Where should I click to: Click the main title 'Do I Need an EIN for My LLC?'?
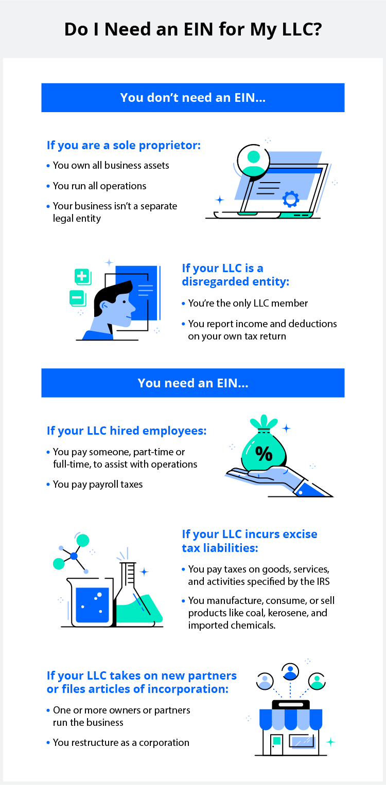[193, 29]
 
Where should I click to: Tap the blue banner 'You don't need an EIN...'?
[193, 97]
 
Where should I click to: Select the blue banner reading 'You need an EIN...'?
[193, 383]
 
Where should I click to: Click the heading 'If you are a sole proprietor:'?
[124, 145]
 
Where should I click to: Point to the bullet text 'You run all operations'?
[100, 186]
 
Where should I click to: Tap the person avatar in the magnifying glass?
[253, 160]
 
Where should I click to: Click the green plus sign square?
[82, 276]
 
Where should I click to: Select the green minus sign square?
[77, 297]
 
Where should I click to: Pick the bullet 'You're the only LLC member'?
[248, 303]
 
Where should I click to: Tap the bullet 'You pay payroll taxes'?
[98, 484]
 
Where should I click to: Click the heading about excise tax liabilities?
[250, 541]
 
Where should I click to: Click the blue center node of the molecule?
[74, 556]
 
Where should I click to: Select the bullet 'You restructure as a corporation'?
[121, 742]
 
